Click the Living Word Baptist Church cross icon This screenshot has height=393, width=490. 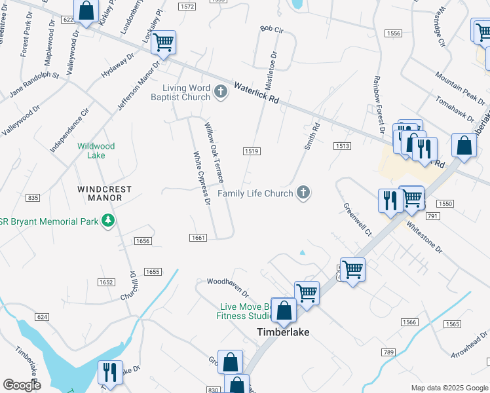pos(221,92)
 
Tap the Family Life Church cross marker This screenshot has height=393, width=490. pos(303,193)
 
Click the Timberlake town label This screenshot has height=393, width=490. pos(282,332)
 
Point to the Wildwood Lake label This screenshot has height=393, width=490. pos(96,151)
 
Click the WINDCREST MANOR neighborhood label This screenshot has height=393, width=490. pos(104,193)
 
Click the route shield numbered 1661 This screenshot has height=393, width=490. pos(199,238)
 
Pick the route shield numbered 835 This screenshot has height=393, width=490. pos(33,198)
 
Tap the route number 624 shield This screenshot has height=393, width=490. pos(42,317)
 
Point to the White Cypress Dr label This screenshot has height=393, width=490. pos(201,178)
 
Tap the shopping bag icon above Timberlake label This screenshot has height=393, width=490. pos(284,311)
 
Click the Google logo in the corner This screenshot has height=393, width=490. pos(22,385)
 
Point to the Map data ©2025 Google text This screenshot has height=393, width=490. pos(449,388)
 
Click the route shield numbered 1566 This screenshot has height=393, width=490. pos(409,322)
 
